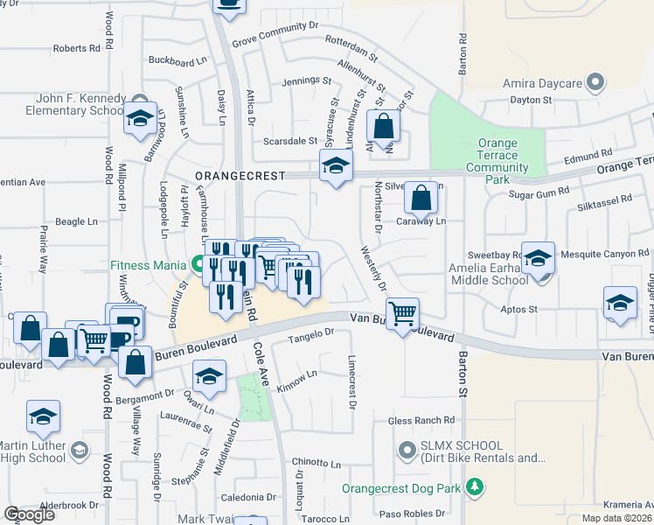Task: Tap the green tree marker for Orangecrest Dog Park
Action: pyautogui.click(x=475, y=486)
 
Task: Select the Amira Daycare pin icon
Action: pyautogui.click(x=596, y=83)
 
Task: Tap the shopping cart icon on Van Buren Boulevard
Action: pyautogui.click(x=402, y=313)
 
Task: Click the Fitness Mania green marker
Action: pyautogui.click(x=199, y=263)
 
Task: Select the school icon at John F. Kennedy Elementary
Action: pyautogui.click(x=139, y=121)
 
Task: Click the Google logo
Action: pyautogui.click(x=29, y=514)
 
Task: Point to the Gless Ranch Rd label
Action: pyautogui.click(x=421, y=421)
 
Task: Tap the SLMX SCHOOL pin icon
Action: pyautogui.click(x=406, y=451)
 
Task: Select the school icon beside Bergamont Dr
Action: pyautogui.click(x=210, y=377)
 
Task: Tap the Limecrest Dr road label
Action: pyautogui.click(x=352, y=382)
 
